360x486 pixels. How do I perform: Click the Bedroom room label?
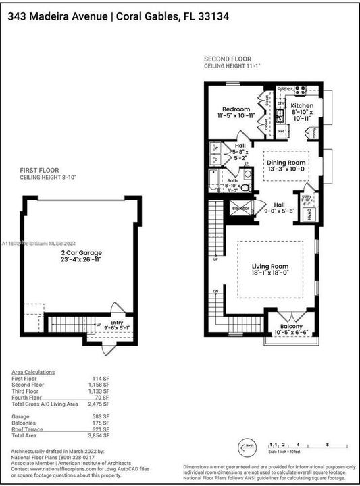pyautogui.click(x=237, y=109)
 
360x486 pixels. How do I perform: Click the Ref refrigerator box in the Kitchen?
pyautogui.click(x=281, y=131)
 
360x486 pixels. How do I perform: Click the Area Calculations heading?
pyautogui.click(x=34, y=372)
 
